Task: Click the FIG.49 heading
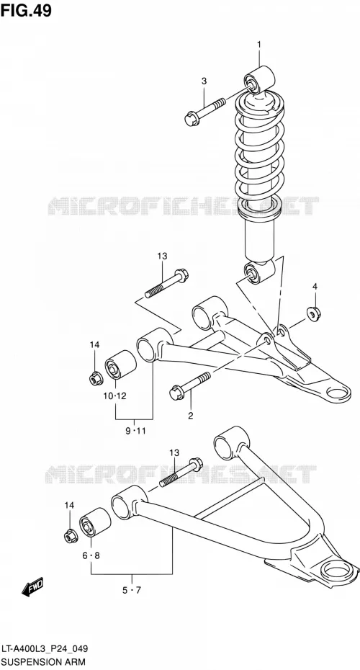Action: [26, 10]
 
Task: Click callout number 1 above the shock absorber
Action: [258, 44]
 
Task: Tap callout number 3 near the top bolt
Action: [204, 81]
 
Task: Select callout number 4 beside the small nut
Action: [315, 286]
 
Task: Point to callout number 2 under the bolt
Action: [191, 416]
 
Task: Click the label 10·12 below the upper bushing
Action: [115, 396]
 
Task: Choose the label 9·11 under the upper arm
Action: [136, 431]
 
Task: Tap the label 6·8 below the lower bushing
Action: [91, 555]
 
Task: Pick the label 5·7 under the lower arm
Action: [132, 591]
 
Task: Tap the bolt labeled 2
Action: [190, 386]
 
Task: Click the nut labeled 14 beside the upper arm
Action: [96, 378]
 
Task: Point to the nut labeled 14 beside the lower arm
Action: [71, 535]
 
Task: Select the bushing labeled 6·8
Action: [95, 522]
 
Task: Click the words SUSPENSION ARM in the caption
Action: [42, 662]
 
